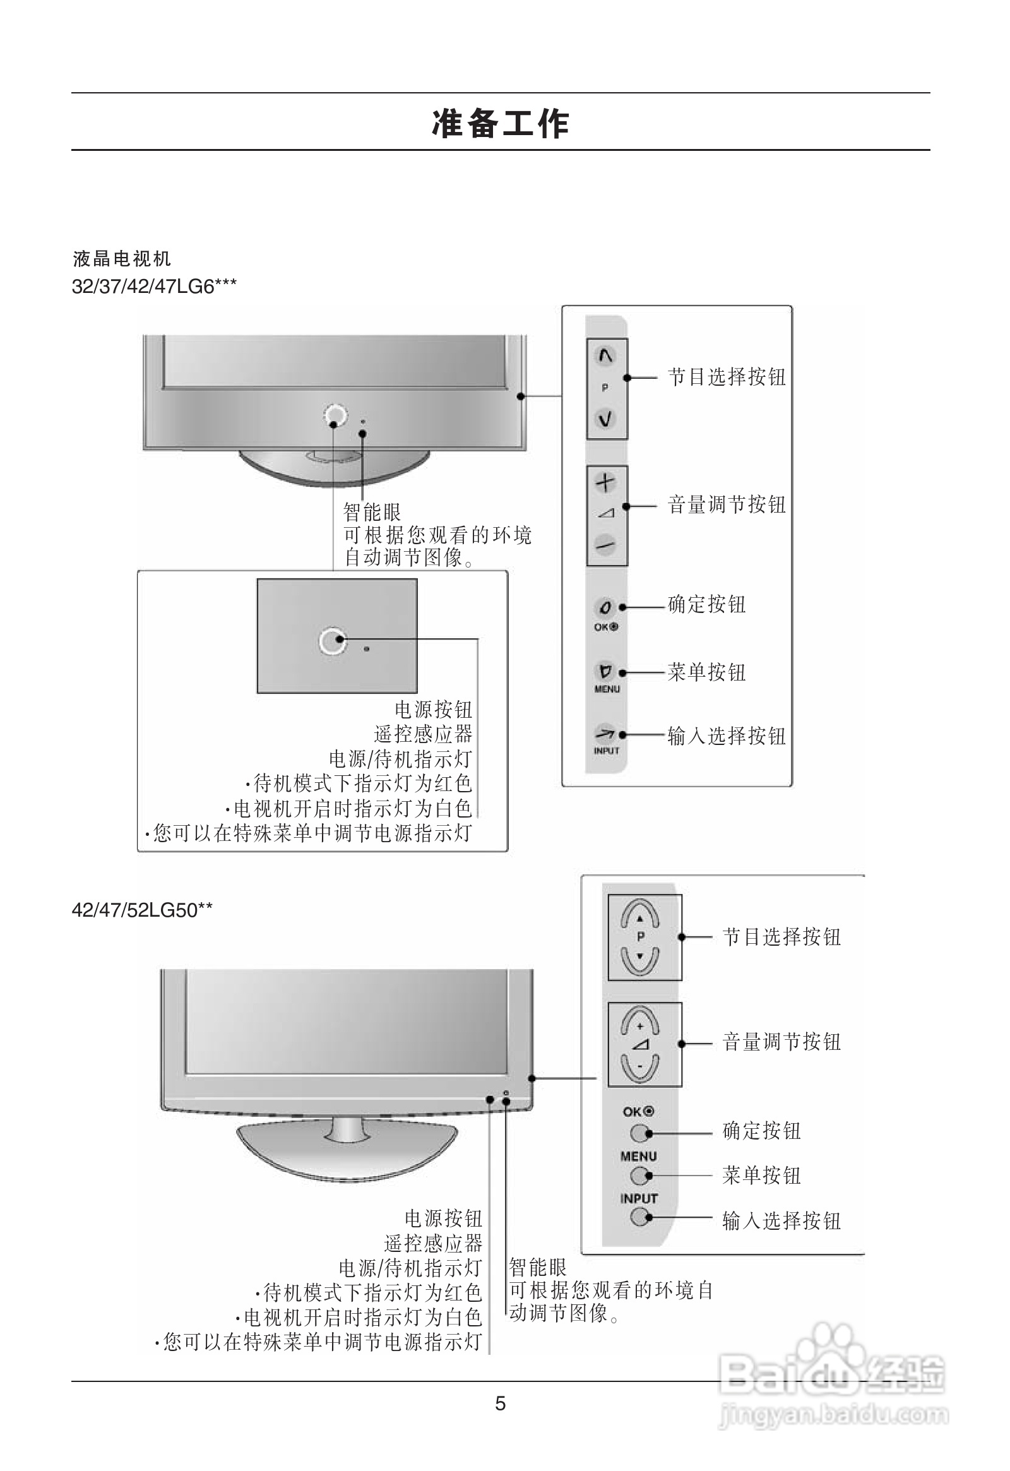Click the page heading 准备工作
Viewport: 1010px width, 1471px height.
(501, 123)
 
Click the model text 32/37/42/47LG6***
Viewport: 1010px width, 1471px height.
(154, 287)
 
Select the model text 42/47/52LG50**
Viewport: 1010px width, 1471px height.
(142, 910)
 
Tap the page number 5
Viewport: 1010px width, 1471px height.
(500, 1403)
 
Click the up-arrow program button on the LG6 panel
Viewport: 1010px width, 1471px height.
(605, 356)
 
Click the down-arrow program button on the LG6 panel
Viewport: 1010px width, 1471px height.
(605, 419)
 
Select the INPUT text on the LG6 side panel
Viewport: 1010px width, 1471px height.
(605, 751)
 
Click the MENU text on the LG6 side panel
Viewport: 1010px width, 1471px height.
(606, 689)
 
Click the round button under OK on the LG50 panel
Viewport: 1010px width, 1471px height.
(640, 1133)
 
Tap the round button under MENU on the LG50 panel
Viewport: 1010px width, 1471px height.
(640, 1176)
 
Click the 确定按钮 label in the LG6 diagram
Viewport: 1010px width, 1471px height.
(706, 604)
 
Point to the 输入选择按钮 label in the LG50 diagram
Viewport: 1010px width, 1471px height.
(781, 1220)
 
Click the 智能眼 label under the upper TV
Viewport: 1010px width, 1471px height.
(371, 511)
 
